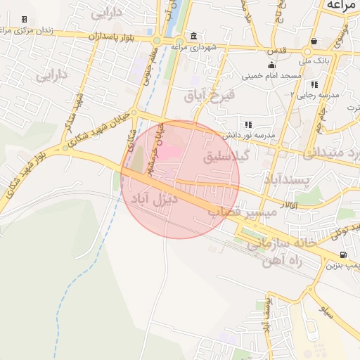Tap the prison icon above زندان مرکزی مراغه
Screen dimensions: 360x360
[x=25, y=19]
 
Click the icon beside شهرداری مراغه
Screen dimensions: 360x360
[x=193, y=37]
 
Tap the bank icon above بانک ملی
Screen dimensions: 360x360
[x=313, y=40]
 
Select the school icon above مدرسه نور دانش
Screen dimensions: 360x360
[x=247, y=124]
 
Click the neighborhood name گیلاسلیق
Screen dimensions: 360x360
[x=227, y=157]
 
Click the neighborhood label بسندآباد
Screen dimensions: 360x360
[x=287, y=181]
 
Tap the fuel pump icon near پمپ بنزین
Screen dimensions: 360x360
[x=343, y=255]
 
